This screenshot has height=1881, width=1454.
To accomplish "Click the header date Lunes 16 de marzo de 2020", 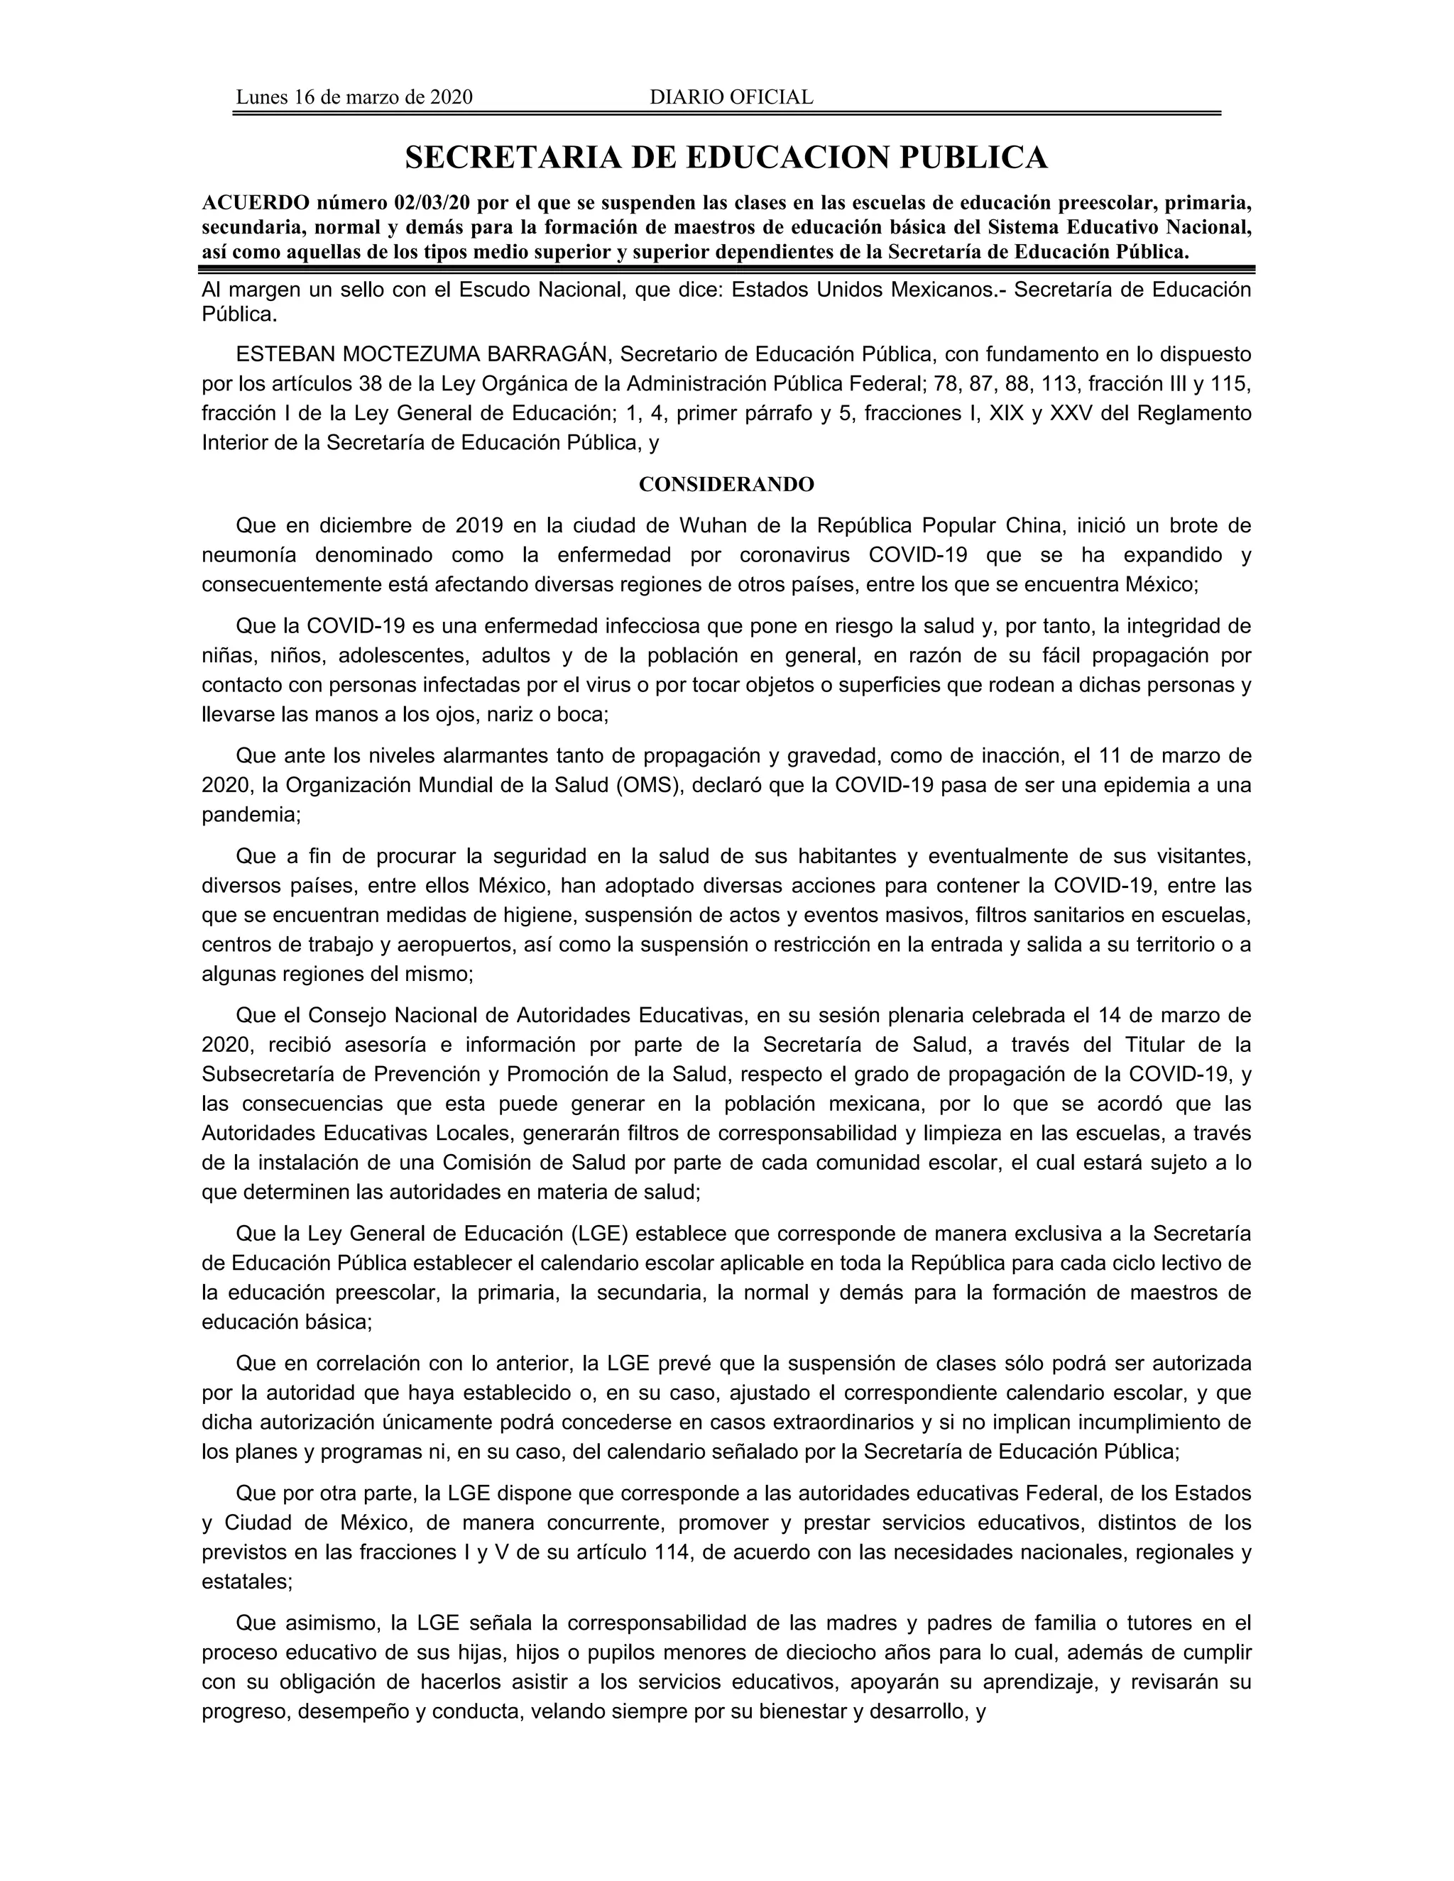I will pos(354,97).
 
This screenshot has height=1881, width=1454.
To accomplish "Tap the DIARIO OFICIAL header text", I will pos(731,97).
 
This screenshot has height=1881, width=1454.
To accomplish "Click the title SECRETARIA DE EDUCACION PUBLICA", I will pos(726,158).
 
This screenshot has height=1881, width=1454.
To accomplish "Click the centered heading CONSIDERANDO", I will pos(726,485).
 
